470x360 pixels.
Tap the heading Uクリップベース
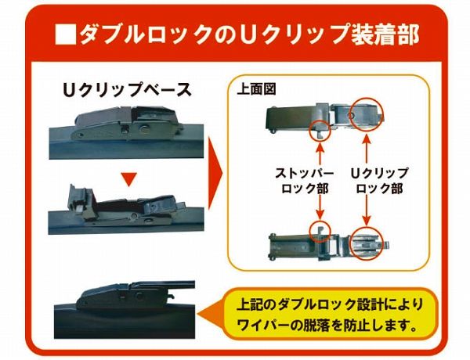point(127,88)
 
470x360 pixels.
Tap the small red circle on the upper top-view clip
point(320,128)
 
